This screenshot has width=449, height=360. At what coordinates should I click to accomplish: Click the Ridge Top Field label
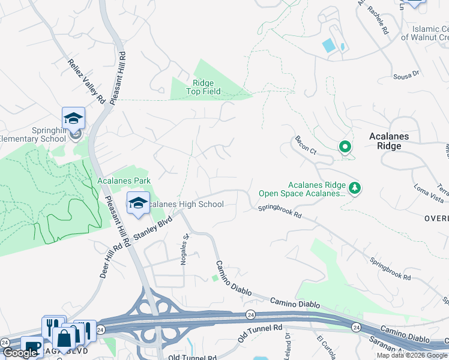tap(203, 88)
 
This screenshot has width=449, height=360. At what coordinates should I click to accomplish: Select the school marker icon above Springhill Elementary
tap(73, 118)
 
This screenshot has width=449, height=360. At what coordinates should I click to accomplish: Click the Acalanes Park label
tap(124, 181)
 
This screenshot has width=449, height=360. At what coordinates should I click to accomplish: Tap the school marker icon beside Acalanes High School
tap(138, 203)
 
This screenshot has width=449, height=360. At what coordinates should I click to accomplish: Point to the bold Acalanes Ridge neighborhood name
tap(389, 141)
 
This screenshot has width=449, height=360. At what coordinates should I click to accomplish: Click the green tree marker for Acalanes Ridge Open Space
tap(355, 188)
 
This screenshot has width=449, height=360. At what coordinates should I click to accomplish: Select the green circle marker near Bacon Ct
tap(345, 146)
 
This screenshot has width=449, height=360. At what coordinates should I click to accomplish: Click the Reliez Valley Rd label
tap(86, 80)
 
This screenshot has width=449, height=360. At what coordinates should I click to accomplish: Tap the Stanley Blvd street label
tap(152, 230)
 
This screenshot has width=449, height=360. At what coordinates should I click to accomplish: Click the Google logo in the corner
tap(20, 353)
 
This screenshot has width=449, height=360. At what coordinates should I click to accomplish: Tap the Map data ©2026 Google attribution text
tap(412, 355)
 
